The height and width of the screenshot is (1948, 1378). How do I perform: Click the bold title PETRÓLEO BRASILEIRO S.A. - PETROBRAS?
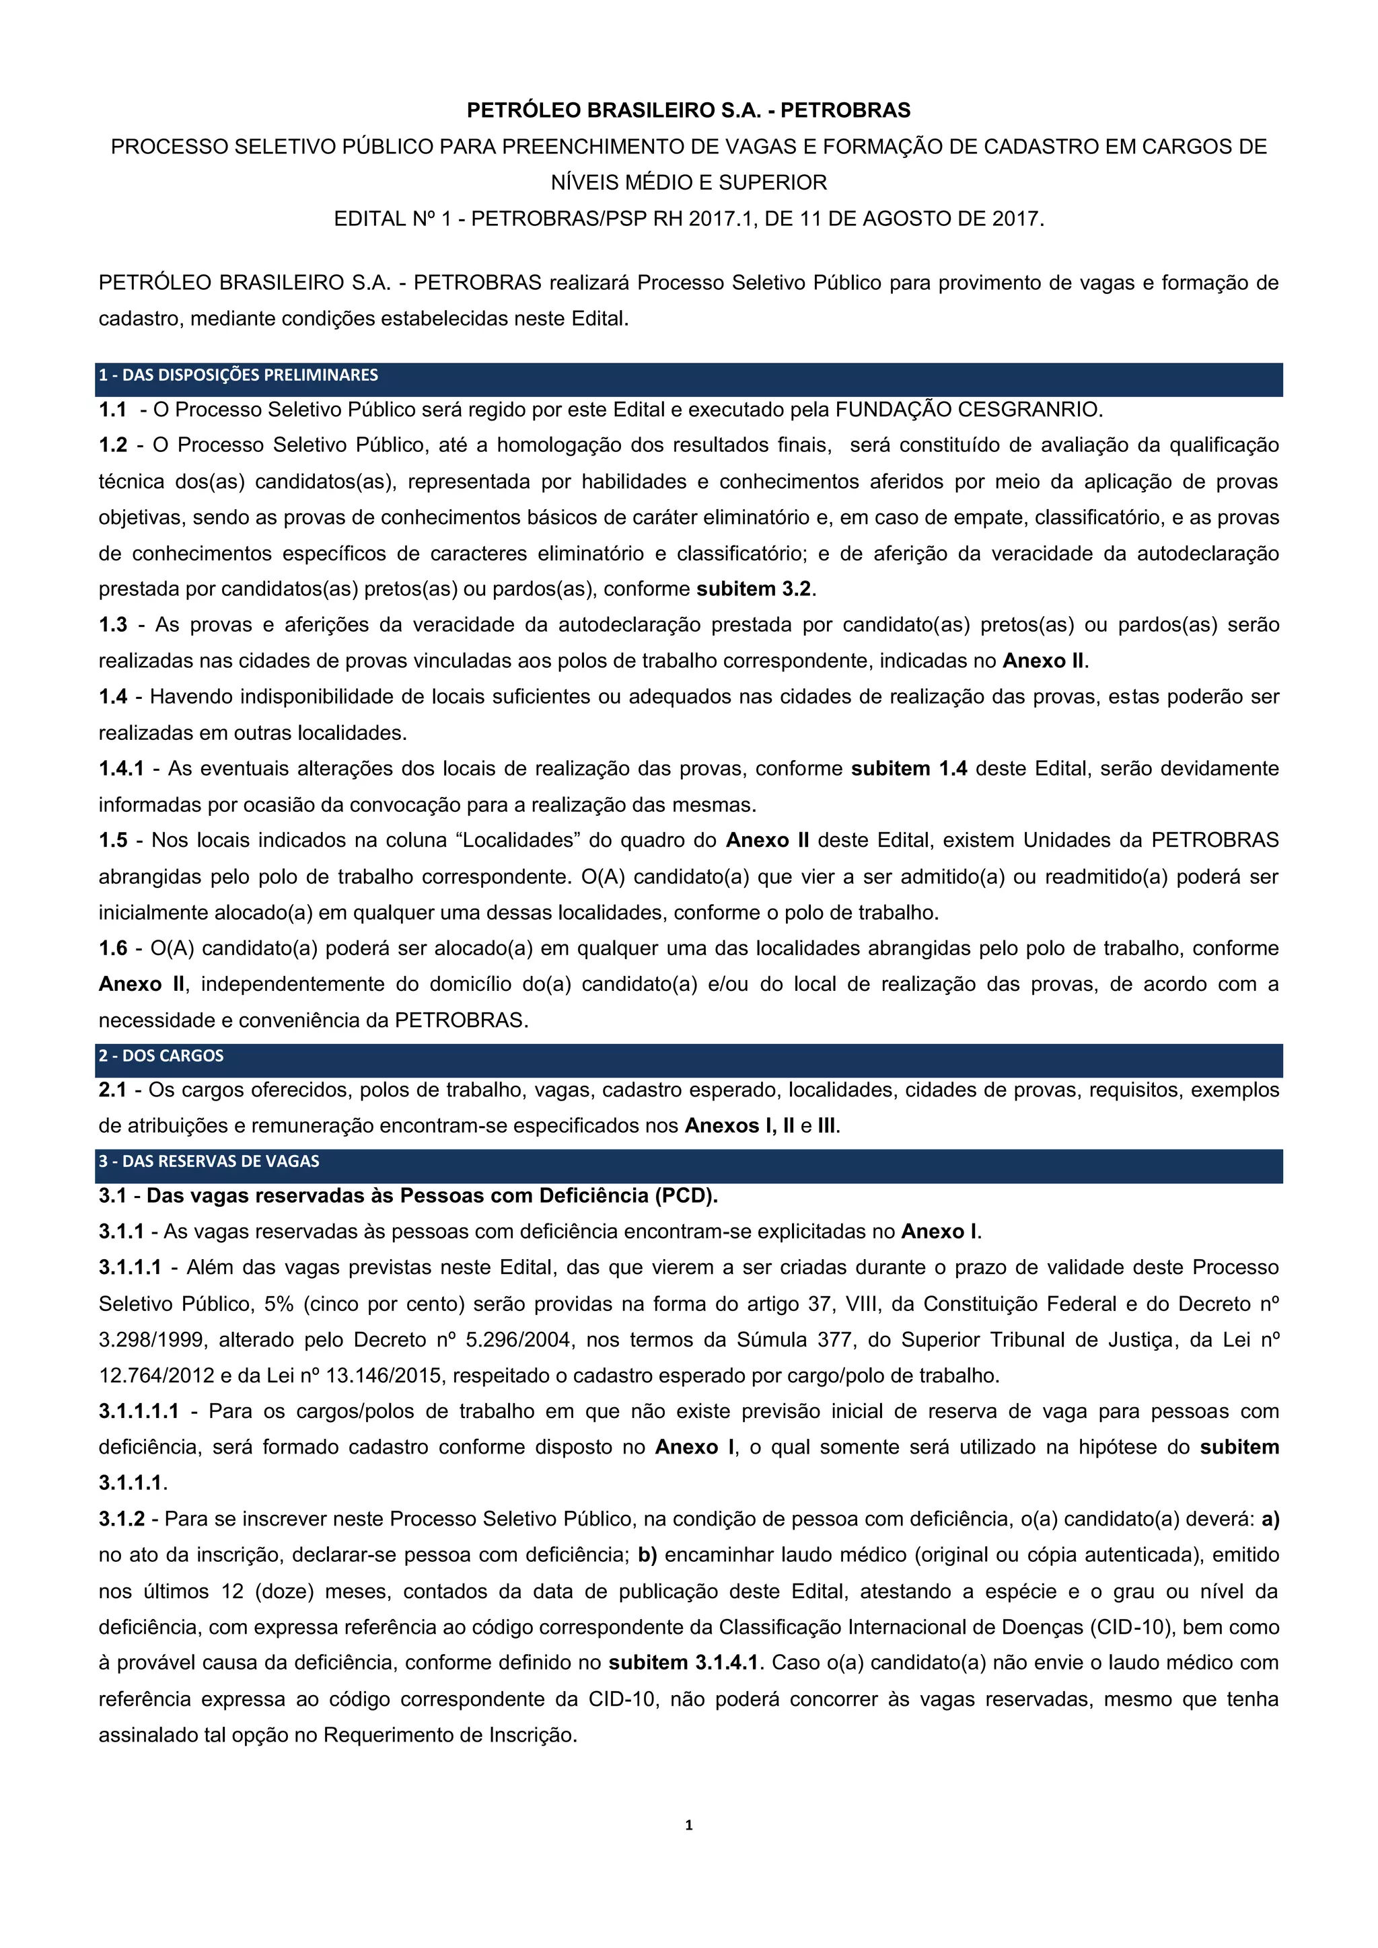(x=688, y=110)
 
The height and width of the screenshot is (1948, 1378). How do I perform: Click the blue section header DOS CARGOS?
(x=161, y=1055)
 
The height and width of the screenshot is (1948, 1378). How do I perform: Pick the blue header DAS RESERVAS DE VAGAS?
(x=209, y=1160)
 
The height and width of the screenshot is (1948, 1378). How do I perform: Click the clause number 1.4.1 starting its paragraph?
(x=121, y=769)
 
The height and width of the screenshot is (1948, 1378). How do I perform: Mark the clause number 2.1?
(x=113, y=1090)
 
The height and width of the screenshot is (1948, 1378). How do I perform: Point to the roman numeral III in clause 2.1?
(x=826, y=1126)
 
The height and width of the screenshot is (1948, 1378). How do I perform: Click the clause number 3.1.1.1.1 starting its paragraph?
(x=139, y=1411)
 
